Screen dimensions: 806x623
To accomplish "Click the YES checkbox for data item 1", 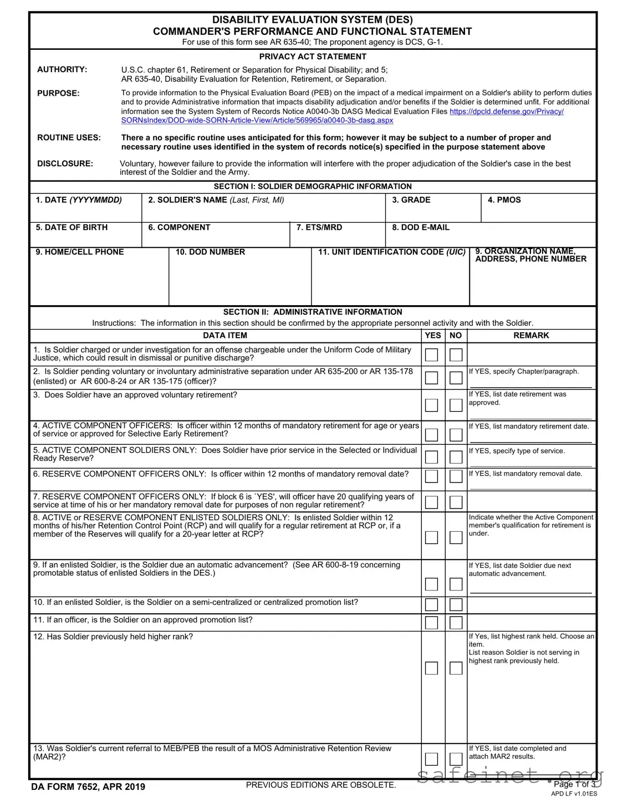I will (431, 355).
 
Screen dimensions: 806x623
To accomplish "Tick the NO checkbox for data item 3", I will (456, 405).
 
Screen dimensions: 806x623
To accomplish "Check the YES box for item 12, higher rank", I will (431, 668).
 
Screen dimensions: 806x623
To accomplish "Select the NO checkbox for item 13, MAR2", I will (456, 759).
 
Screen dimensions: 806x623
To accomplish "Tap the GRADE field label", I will (411, 200).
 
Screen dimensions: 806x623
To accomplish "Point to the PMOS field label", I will (504, 200).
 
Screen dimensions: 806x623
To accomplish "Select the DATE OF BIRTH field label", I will (72, 228).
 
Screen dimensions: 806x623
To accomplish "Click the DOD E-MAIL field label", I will (421, 228).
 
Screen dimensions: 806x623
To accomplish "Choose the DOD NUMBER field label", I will (210, 252).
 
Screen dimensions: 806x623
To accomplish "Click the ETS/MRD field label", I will (319, 228).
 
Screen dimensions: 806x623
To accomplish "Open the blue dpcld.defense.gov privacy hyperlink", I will (506, 111).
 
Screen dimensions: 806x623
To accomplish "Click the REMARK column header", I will (531, 336).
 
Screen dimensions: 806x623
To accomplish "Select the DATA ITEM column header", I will (225, 336).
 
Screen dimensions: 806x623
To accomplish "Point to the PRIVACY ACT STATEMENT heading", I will (313, 57).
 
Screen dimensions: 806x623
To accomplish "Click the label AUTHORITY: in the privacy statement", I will (62, 70).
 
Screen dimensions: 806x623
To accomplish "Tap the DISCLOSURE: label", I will (65, 163).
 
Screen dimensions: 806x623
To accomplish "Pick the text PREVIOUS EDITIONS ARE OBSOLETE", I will (321, 785).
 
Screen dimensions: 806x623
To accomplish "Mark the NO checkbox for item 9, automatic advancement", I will (456, 584).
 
